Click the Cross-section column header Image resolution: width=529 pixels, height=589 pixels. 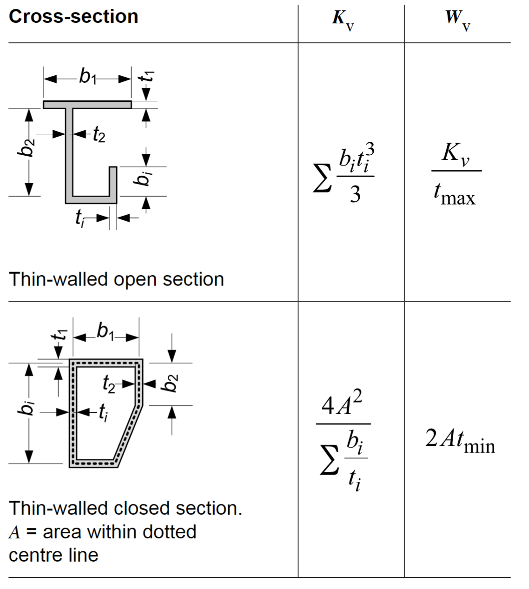pos(73,17)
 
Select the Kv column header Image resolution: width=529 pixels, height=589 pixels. pos(343,20)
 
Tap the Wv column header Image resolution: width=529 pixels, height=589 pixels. pos(458,20)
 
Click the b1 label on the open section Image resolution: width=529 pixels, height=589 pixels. pos(87,77)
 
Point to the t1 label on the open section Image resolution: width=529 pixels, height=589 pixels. pos(146,76)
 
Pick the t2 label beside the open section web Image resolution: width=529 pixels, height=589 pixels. pos(99,134)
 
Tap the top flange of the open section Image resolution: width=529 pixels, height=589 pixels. pos(87,105)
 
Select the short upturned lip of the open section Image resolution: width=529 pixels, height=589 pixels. pos(113,181)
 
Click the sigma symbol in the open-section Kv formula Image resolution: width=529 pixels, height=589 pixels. pos(322,178)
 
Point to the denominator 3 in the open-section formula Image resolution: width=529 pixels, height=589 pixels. pos(355,194)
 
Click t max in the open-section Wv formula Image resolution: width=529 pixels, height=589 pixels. pos(454,194)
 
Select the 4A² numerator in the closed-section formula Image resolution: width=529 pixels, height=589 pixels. pos(342,404)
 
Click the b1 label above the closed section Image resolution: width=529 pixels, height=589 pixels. pos(106,332)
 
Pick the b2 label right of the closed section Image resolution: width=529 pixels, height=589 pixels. pos(171,384)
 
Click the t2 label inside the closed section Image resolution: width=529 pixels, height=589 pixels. pos(109,384)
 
